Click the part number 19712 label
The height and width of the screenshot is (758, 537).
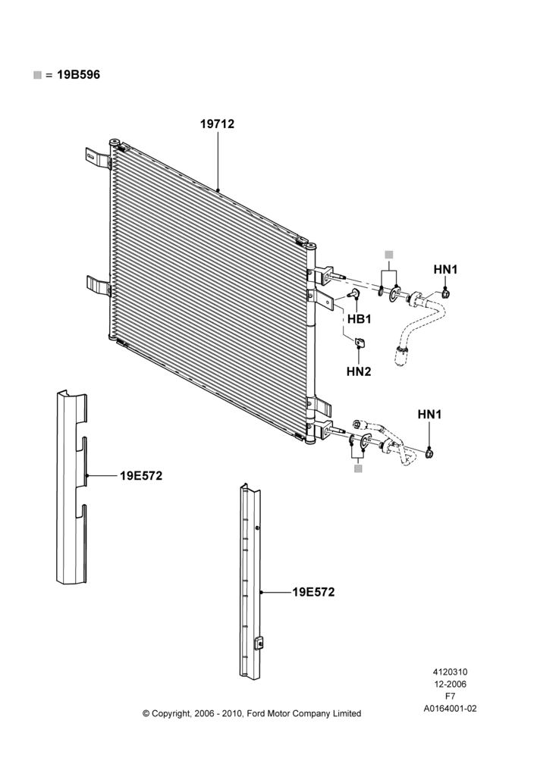217,124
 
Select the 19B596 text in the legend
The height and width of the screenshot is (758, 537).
78,75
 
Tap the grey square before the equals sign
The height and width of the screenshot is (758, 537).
37,75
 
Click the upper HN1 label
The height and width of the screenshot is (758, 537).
445,270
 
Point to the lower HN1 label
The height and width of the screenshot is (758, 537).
429,415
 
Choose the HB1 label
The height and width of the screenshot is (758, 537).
360,319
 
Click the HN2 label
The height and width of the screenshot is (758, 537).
359,371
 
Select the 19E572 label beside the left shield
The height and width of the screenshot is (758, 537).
141,476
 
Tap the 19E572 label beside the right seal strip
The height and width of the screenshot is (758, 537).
313,592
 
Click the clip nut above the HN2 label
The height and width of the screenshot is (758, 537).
359,343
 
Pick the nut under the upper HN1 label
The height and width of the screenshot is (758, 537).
445,293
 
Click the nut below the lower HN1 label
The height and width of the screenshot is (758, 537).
429,453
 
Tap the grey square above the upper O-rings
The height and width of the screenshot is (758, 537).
389,254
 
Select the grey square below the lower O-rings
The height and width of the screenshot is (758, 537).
358,469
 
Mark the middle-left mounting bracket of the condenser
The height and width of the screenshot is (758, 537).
98,285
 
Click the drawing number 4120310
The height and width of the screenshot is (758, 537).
450,672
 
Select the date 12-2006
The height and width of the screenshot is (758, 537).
450,684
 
